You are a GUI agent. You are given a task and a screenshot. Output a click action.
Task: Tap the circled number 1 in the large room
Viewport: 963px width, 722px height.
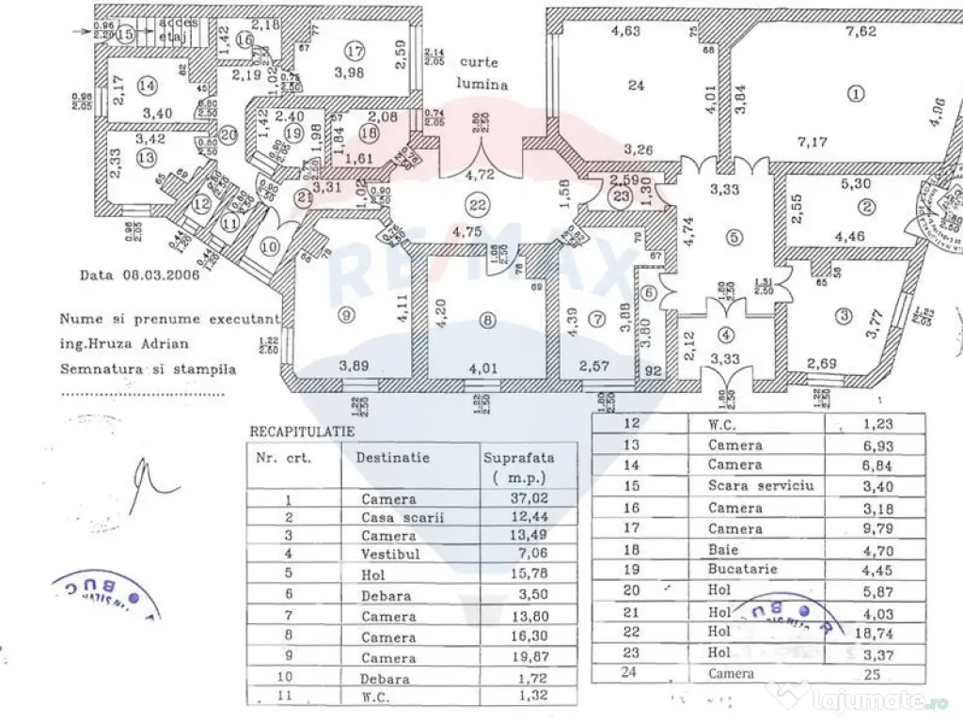(855, 93)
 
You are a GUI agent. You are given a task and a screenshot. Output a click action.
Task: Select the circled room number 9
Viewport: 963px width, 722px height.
(346, 314)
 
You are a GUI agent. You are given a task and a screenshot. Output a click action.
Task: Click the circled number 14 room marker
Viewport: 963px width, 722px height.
(145, 86)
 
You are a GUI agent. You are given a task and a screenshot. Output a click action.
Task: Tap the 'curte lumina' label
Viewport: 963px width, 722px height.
(483, 71)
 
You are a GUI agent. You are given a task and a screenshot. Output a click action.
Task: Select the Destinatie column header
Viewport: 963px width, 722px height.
(392, 458)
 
